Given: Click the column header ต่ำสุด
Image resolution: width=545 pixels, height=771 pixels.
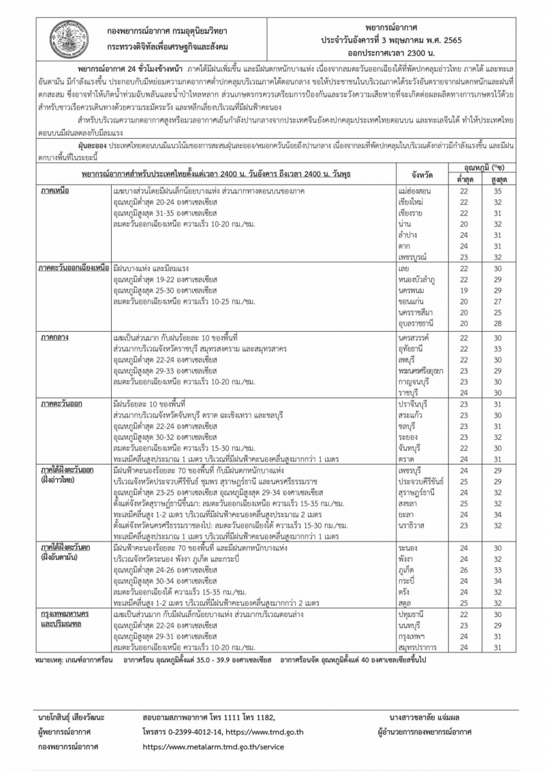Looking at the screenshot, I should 464,179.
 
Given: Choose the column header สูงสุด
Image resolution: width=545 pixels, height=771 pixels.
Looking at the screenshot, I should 498,179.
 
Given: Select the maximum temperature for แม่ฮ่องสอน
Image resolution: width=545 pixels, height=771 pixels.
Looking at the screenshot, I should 498,191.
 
